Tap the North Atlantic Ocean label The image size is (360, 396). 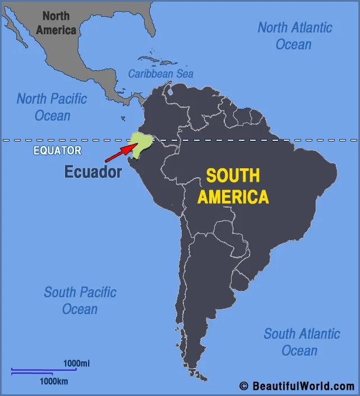294,35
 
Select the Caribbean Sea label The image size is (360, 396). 160,73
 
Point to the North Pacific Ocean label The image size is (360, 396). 52,107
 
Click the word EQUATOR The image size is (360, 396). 57,150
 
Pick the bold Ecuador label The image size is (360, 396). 93,172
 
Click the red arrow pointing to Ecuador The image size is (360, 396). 121,152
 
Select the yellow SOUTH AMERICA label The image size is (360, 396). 233,186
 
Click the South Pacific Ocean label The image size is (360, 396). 80,300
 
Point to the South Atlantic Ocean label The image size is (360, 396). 302,342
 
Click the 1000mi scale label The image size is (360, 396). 76,363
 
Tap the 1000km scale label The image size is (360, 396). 54,381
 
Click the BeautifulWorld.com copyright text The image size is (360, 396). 303,386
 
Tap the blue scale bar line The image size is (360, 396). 44,370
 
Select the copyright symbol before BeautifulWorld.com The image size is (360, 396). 243,386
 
